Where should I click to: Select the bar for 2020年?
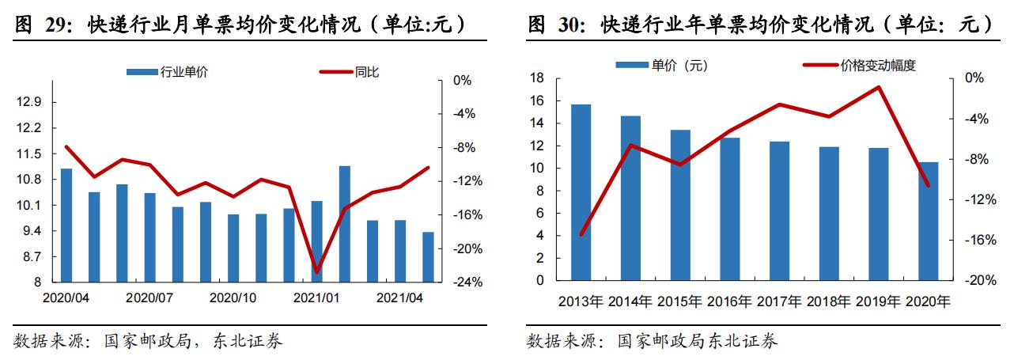(929, 221)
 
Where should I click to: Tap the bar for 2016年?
(729, 209)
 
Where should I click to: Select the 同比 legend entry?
(349, 72)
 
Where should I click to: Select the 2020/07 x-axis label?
(149, 298)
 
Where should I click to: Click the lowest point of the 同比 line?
(317, 271)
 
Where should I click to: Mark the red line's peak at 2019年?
(878, 87)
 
